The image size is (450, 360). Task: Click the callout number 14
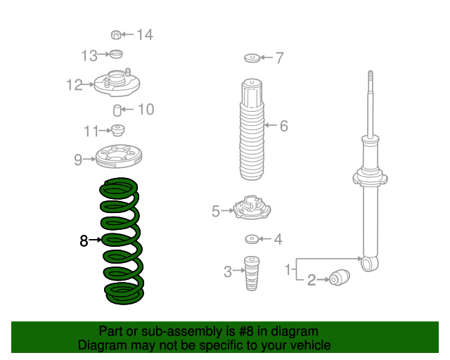pos(145,34)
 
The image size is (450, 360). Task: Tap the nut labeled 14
pos(116,34)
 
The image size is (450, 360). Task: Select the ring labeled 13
pos(117,54)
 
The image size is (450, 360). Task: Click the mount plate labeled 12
pos(117,83)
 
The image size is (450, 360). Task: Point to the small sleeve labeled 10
pos(117,110)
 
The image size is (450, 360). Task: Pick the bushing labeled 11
pos(117,130)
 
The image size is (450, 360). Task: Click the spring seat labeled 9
pos(119,157)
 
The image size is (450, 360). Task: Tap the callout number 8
pos(84,240)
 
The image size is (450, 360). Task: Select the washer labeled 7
pos(252,58)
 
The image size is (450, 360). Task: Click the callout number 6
pos(284,126)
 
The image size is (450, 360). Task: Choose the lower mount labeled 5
pos(252,207)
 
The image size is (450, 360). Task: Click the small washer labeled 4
pos(252,239)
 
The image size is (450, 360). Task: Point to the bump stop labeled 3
pos(252,274)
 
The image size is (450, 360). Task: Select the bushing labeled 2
pos(340,278)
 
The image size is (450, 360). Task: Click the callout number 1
pos(288,269)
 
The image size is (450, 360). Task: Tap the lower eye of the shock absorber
pos(369,263)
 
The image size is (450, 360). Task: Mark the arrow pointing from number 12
pos(89,84)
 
